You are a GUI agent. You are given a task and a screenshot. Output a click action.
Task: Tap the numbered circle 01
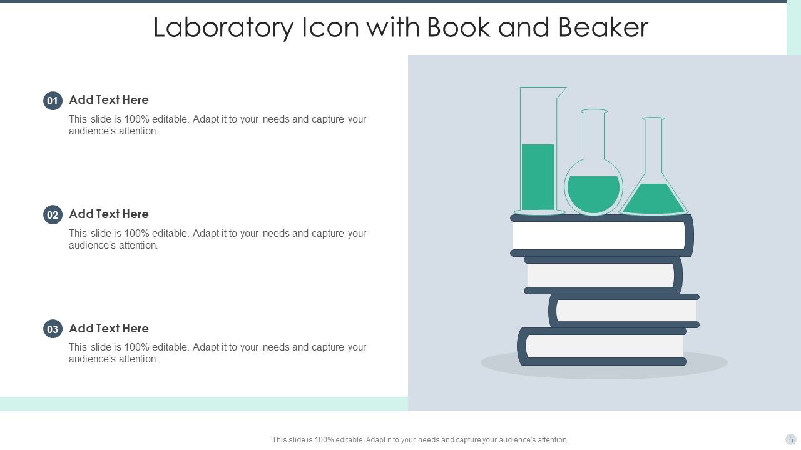[x=53, y=101]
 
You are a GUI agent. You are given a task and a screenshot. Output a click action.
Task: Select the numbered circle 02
[x=53, y=215]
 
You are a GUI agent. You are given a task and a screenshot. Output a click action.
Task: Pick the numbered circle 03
[x=53, y=329]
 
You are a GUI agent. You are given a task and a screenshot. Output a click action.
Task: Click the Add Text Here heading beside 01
[x=109, y=100]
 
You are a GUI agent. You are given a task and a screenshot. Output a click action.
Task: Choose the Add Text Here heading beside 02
[x=109, y=214]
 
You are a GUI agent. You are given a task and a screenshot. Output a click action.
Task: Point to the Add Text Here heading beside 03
[x=109, y=329]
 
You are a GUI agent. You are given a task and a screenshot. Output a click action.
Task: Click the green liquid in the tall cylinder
[x=538, y=177]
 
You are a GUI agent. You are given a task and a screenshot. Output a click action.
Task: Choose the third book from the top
[x=626, y=311]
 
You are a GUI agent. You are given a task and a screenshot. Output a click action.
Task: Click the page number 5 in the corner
[x=791, y=439]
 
